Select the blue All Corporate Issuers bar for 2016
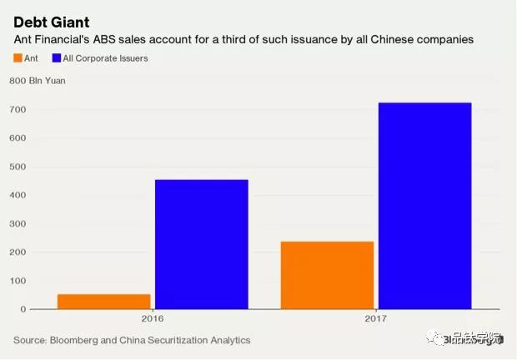click(x=201, y=244)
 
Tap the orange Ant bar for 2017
click(x=327, y=275)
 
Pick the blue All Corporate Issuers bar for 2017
click(x=424, y=206)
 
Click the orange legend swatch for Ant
click(x=18, y=58)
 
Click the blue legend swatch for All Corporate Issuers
click(x=57, y=58)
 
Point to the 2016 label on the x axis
click(x=153, y=318)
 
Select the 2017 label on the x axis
click(x=376, y=318)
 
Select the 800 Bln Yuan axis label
click(x=38, y=81)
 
